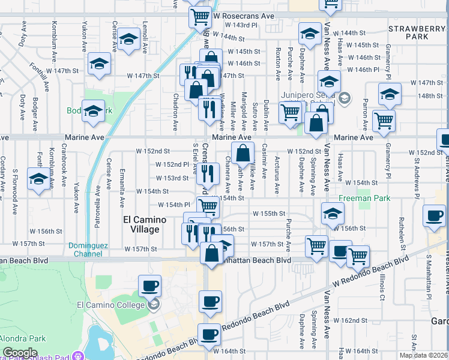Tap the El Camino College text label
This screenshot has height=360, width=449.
coord(111,304)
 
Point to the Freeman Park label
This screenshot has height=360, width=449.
coord(364,198)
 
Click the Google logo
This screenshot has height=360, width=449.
coord(20,353)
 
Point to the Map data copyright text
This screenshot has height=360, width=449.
coord(423,355)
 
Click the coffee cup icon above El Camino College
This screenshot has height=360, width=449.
coord(150,286)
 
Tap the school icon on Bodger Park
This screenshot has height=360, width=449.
coord(93,112)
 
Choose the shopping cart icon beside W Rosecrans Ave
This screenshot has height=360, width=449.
coord(199,16)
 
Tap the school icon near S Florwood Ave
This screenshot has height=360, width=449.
coord(39,179)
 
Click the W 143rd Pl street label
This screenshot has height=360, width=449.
coord(241,25)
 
